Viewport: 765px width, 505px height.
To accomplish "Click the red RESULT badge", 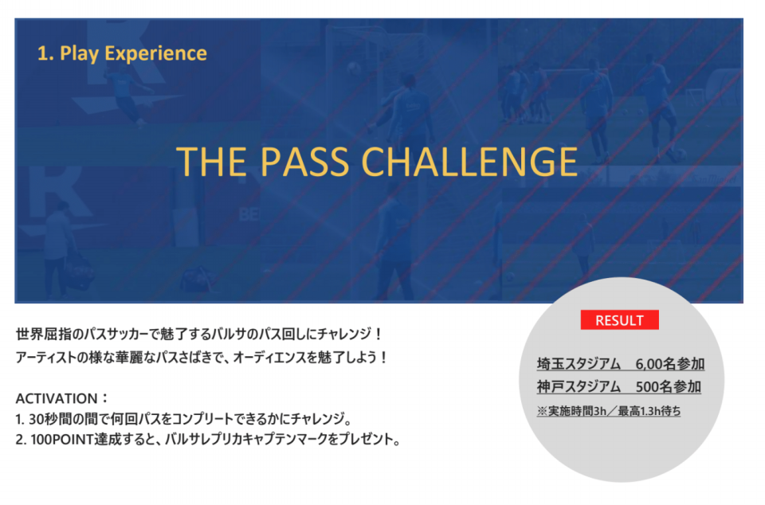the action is coord(619,319).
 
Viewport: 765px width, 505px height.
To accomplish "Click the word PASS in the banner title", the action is coord(305,162).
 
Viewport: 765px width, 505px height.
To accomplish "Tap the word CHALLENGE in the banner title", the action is coord(470,162).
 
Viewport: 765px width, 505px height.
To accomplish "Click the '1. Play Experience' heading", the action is coord(122,53).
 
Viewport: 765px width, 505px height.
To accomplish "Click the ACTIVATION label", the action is coord(57,399).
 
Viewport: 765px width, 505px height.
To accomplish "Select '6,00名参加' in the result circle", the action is coord(670,364).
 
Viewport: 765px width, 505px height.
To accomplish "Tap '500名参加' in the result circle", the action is coord(669,386).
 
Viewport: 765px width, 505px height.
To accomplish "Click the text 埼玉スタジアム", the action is coord(579,364).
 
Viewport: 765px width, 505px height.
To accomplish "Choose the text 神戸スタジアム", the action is coord(579,386).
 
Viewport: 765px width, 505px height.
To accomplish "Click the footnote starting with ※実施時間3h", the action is coord(608,411).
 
